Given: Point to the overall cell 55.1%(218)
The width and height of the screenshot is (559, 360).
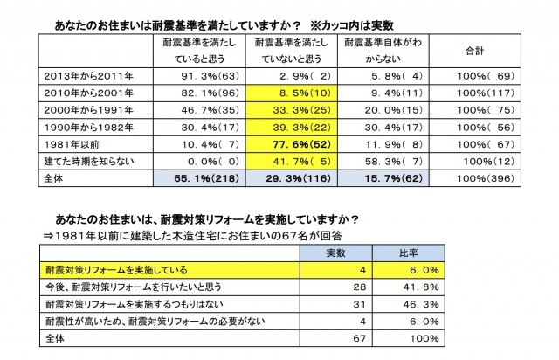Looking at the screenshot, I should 194,179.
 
